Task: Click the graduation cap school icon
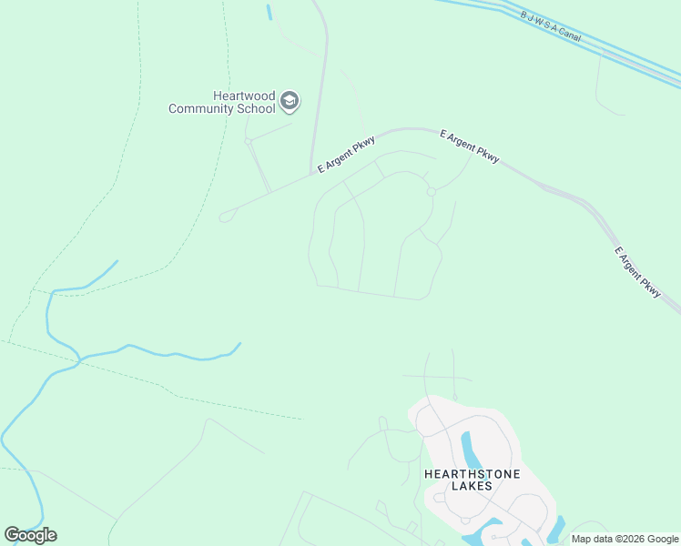point(290,100)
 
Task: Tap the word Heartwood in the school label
point(243,96)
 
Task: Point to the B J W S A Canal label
point(550,25)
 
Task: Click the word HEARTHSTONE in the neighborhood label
point(459,473)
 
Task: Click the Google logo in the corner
point(30,535)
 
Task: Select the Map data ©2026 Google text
point(624,540)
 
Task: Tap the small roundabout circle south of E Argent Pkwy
point(432,191)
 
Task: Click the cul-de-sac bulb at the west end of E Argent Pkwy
point(224,217)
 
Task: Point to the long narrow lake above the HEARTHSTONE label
point(469,448)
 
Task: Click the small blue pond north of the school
point(269,13)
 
